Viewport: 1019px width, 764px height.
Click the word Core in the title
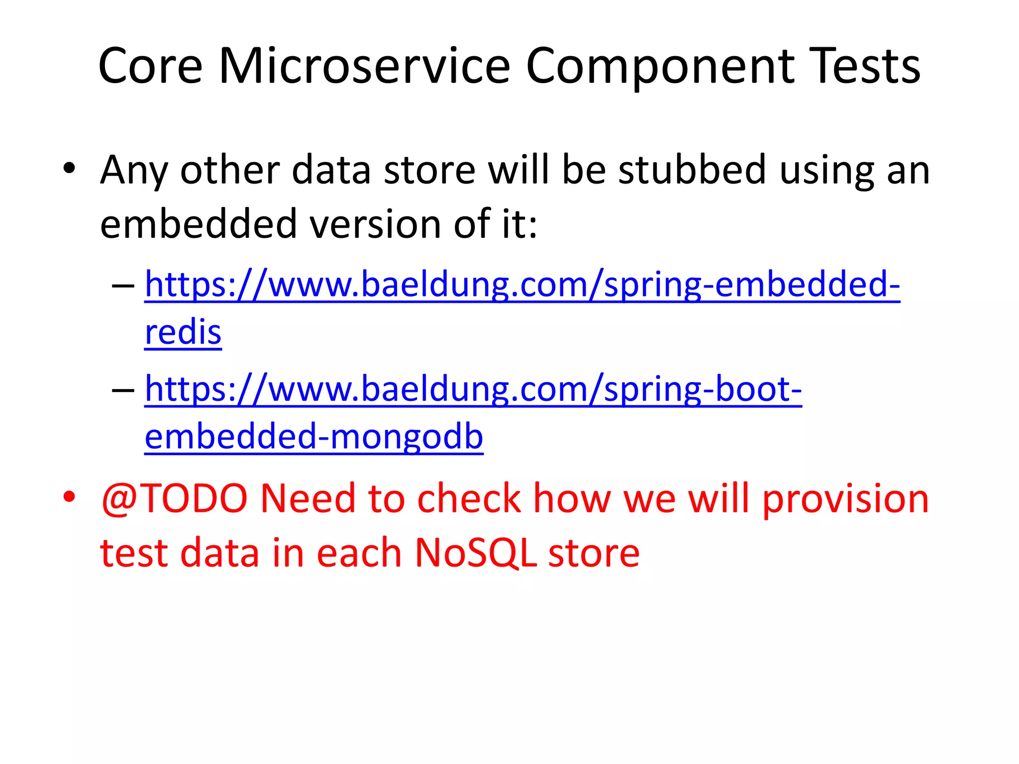click(151, 66)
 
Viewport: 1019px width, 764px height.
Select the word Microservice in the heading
click(365, 66)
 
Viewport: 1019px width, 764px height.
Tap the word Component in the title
click(660, 66)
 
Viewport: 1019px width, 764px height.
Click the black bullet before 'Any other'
click(69, 168)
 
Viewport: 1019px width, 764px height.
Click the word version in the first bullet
click(375, 224)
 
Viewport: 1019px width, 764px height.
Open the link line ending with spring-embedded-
click(522, 285)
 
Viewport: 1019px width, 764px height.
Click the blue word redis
click(183, 332)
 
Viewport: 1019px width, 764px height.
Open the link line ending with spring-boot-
click(473, 389)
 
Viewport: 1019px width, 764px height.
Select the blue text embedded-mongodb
click(314, 437)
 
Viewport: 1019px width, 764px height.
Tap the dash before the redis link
click(123, 286)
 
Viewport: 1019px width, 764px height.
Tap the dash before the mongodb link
click(123, 390)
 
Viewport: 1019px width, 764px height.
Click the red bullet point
click(69, 496)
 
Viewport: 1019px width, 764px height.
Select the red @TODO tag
click(174, 498)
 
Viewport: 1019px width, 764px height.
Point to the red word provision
click(845, 499)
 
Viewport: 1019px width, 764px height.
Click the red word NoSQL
click(476, 553)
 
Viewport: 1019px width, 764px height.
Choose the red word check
click(469, 498)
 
